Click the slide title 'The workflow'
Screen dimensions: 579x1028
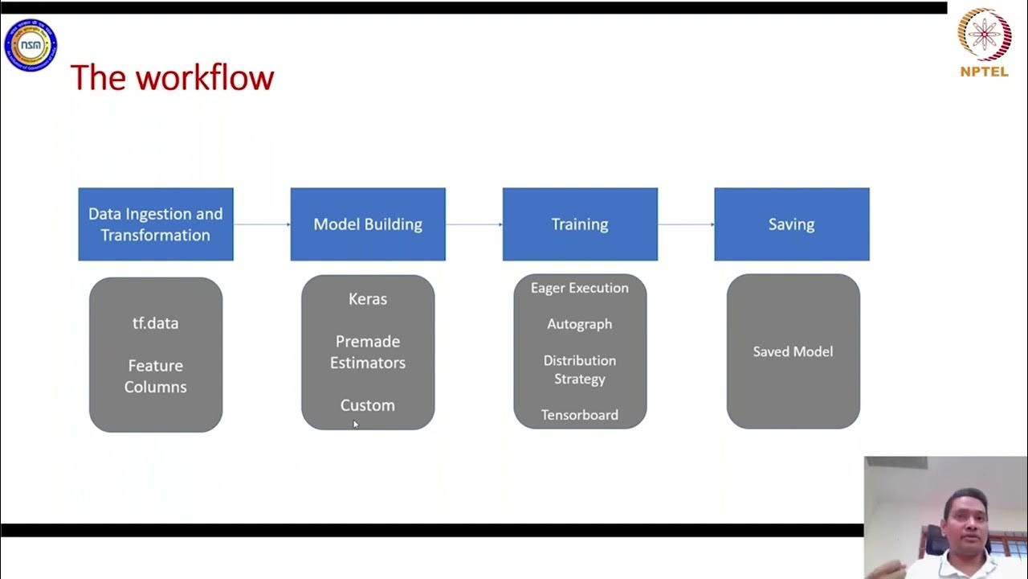[172, 78]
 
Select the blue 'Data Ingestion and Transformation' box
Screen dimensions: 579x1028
[156, 224]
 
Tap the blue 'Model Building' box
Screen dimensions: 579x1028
[368, 224]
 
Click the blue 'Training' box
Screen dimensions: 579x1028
[580, 224]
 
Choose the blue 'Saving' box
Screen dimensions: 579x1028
[792, 224]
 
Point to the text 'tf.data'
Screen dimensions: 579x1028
[156, 323]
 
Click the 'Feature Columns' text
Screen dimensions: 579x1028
[156, 376]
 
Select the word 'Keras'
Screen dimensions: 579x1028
[368, 299]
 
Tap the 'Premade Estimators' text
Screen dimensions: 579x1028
[368, 352]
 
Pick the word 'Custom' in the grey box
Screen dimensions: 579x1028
[368, 405]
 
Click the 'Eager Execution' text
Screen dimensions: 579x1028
[580, 288]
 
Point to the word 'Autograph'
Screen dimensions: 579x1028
[580, 324]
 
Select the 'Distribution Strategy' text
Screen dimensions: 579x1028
[580, 369]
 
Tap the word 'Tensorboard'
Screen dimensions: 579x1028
[580, 415]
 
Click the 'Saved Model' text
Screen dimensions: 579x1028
[793, 351]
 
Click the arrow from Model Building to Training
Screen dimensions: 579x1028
[474, 224]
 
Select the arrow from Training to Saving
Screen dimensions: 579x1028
[686, 224]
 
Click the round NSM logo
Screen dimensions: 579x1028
[31, 45]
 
